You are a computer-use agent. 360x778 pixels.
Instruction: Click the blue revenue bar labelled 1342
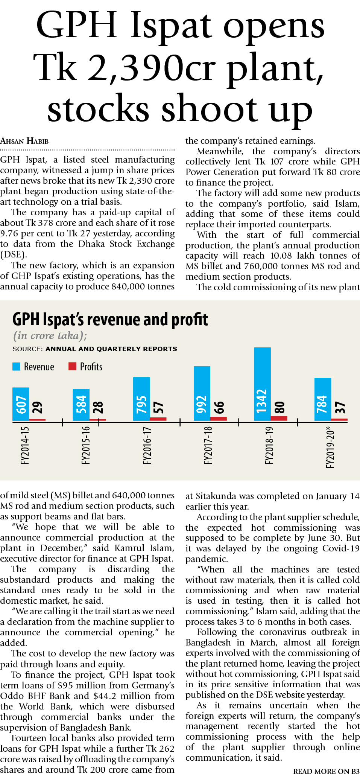click(262, 384)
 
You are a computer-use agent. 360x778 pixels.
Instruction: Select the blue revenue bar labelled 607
click(21, 404)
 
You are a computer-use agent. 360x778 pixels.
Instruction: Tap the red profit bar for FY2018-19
click(279, 418)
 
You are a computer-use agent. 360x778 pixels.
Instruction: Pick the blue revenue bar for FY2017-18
click(202, 393)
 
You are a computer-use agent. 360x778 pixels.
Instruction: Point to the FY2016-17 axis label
click(147, 446)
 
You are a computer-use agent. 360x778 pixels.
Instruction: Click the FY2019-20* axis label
click(330, 447)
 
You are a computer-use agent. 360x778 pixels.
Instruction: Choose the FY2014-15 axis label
click(25, 446)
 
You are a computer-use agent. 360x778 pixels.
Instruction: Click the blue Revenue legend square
click(16, 367)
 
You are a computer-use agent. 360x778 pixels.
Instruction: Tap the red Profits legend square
click(72, 366)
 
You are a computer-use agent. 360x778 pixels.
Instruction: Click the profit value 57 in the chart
click(158, 408)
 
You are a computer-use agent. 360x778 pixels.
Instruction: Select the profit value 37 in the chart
click(340, 408)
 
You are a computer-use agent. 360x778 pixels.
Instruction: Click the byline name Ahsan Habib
click(24, 141)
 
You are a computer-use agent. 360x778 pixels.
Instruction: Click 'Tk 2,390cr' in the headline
click(125, 68)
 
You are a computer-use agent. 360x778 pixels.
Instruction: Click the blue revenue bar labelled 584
click(81, 405)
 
